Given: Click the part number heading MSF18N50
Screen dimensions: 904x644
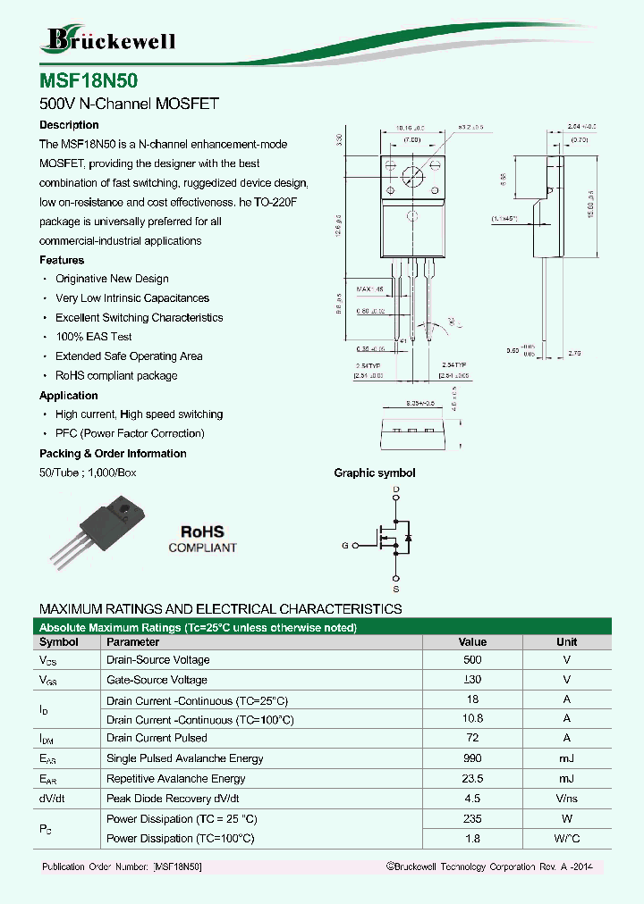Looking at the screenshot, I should (x=89, y=80).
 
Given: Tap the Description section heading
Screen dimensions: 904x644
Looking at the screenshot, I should (x=69, y=125).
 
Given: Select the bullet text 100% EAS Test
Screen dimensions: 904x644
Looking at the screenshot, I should (x=93, y=337).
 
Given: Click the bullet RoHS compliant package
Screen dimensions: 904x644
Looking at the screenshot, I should (x=116, y=376).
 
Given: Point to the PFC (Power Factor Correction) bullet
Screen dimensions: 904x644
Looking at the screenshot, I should (x=130, y=434).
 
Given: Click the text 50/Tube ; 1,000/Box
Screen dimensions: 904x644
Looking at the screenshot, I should (x=88, y=473).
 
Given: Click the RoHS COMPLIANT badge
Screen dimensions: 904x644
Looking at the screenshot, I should (x=202, y=539).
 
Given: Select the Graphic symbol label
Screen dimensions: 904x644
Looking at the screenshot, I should (x=374, y=473).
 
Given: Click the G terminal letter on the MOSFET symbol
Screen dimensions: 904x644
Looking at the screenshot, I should (x=344, y=545).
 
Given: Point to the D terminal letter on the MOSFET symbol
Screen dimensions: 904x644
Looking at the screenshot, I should (x=396, y=490).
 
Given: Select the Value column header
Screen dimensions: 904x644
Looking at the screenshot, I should (x=472, y=641).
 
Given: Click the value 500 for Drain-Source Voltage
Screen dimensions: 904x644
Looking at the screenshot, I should (x=472, y=660).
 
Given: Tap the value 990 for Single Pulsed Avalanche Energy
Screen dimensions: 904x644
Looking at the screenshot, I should (x=472, y=758).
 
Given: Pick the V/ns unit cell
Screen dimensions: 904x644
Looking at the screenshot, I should (x=566, y=798).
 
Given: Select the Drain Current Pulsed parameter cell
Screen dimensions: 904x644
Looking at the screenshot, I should (x=157, y=738).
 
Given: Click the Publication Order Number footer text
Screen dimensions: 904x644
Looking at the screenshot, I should (x=122, y=867).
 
